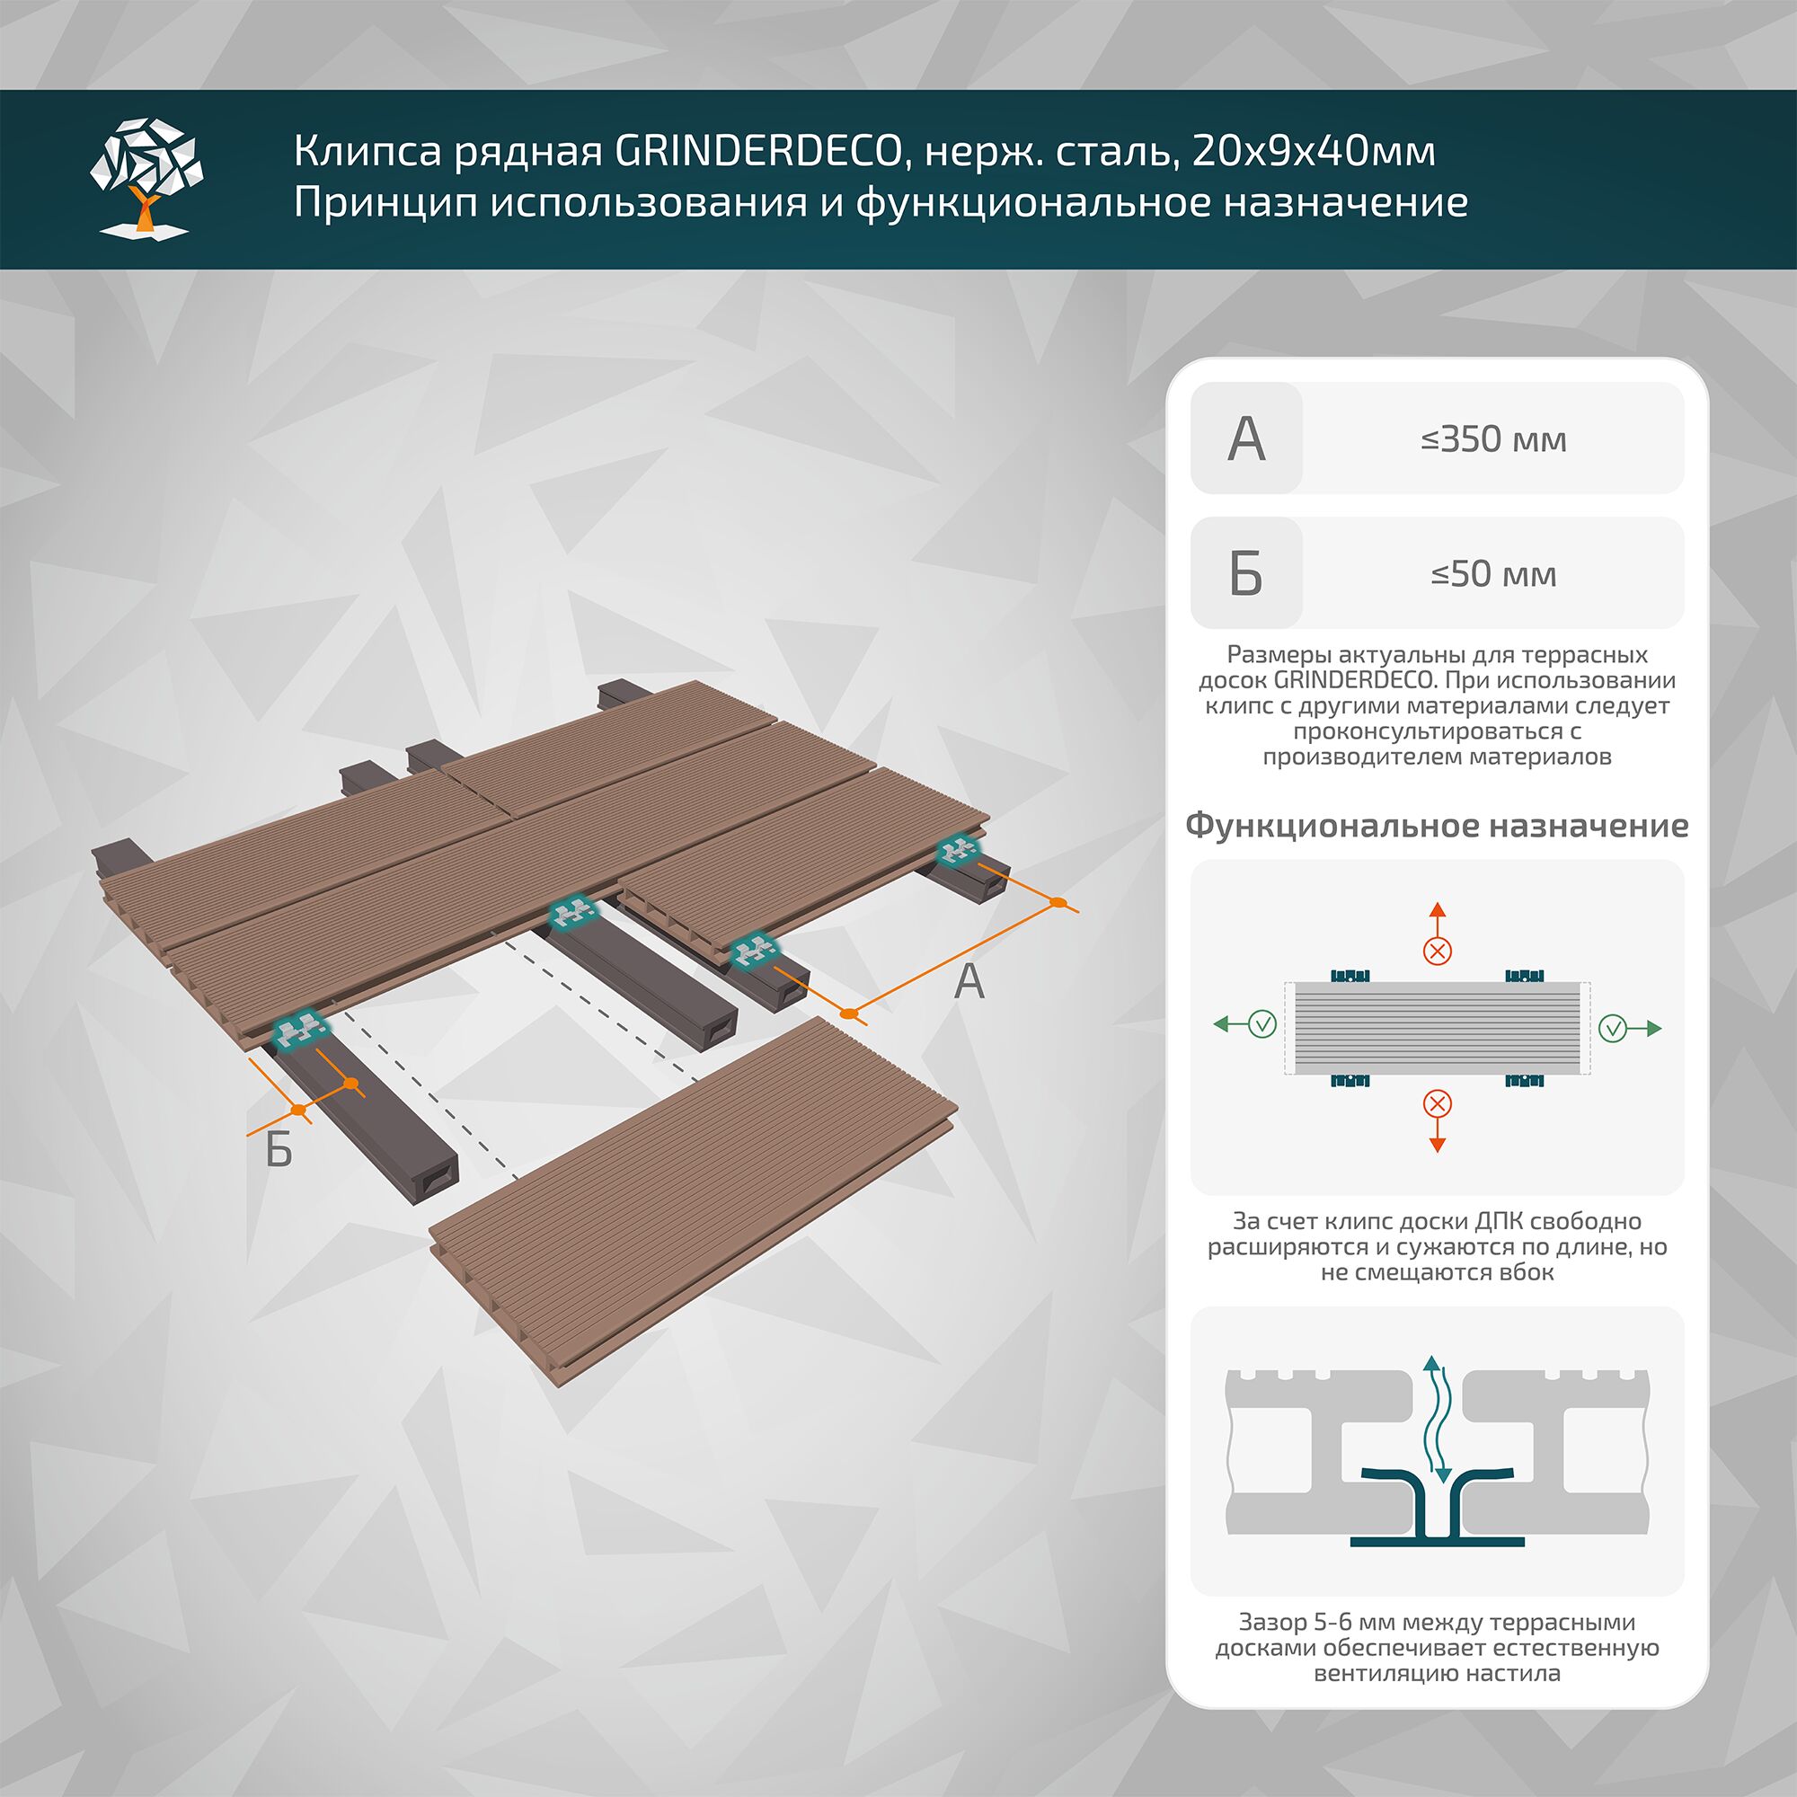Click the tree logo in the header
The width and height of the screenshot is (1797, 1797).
147,177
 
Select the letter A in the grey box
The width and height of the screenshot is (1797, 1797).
1245,439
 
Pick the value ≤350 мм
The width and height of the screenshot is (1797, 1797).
1492,439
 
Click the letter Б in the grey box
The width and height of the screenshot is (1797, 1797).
1245,574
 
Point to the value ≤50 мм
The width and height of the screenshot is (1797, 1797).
1492,574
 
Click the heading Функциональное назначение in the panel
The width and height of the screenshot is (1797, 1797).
1436,825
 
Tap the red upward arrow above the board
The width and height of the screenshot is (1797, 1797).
1437,916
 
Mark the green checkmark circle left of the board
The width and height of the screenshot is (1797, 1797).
1262,1025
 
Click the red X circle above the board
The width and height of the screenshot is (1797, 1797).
1437,951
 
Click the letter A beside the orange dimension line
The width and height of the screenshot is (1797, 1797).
969,982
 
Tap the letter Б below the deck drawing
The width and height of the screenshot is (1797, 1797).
279,1150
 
